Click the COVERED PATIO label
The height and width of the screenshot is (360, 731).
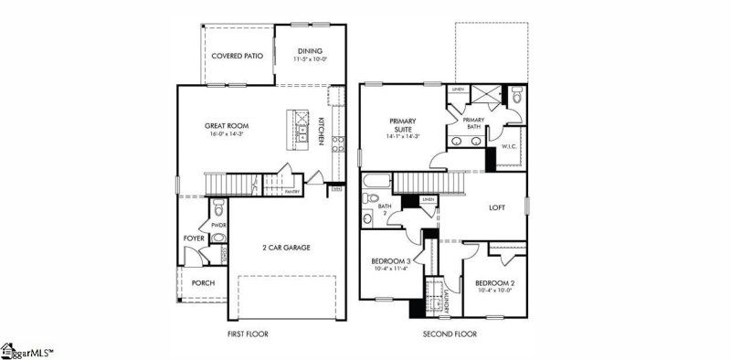237,56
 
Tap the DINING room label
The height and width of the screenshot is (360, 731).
311,51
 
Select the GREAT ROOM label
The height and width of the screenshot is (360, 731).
226,126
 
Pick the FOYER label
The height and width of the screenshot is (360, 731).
194,239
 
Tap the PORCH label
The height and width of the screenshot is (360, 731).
203,283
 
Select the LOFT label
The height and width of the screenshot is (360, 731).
497,207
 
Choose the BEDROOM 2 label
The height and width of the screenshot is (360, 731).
494,284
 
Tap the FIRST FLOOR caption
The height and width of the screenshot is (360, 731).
248,334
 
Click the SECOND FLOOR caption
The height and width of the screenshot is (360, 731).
450,334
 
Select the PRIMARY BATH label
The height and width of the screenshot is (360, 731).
473,122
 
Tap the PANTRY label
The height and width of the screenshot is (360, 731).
292,192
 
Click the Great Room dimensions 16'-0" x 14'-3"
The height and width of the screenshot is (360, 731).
226,135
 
